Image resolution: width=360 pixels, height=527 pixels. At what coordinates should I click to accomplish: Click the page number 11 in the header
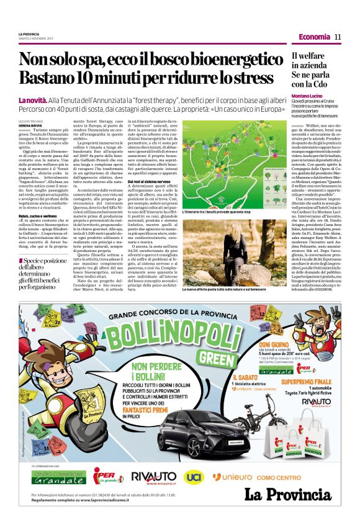338,37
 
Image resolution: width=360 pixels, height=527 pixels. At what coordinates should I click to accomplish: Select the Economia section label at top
314,37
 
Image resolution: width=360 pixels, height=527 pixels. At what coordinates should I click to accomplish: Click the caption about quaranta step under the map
217,212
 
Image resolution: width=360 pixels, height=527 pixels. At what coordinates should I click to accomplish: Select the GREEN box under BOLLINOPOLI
212,359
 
